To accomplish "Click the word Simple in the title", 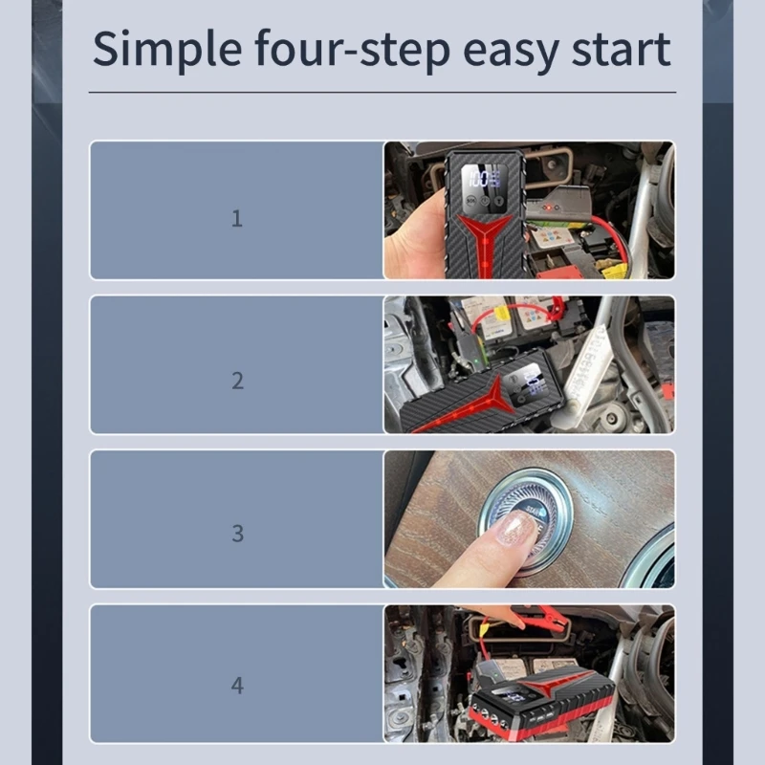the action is click(x=167, y=50).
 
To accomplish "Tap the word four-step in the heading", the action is click(x=352, y=49).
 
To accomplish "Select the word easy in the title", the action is click(x=511, y=53).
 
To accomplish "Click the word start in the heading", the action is click(x=621, y=50).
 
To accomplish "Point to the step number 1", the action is click(x=236, y=218).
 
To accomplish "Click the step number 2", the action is click(x=237, y=381).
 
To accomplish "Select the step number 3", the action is click(x=237, y=534).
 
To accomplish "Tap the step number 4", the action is click(x=237, y=686).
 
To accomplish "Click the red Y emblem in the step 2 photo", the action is click(x=464, y=406).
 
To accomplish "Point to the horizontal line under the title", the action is click(x=382, y=92).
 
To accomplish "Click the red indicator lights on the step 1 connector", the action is click(x=549, y=208).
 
